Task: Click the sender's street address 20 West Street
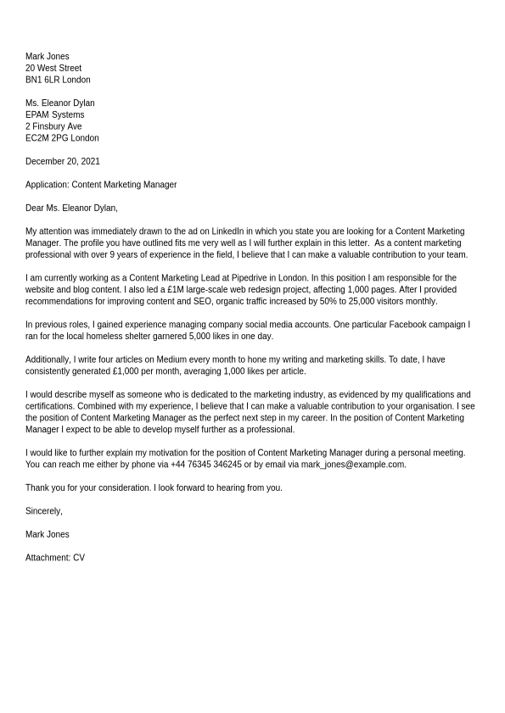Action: point(53,68)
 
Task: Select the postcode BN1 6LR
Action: point(42,80)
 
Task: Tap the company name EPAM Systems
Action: point(54,114)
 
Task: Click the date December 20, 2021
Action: point(62,161)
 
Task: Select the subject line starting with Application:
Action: point(101,185)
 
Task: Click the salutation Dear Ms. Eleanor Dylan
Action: point(71,208)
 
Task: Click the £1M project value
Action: point(177,289)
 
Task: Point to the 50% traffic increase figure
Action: point(328,301)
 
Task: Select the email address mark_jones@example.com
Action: point(352,465)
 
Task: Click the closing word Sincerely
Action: point(43,511)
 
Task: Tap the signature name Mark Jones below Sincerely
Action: point(48,534)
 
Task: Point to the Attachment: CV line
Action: point(55,558)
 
